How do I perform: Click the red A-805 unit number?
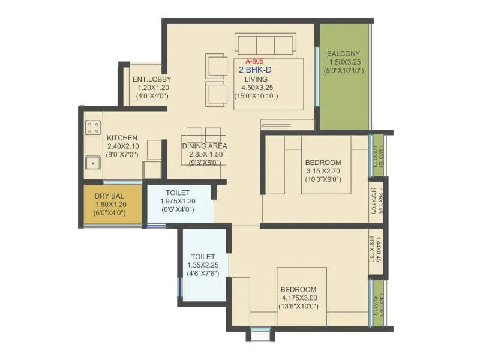pos(254,61)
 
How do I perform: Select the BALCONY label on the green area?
pos(344,53)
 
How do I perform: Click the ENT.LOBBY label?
pos(152,79)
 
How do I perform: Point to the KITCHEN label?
pos(122,137)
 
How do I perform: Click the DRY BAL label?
pos(110,196)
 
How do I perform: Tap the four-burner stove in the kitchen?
pos(93,127)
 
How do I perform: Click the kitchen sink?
pos(92,162)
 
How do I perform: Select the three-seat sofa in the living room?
pos(265,44)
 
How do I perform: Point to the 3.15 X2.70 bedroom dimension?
pos(323,170)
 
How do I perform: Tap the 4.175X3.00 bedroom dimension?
pos(299,298)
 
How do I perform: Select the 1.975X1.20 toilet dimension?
pos(181,201)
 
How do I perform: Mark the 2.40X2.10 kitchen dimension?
pos(122,146)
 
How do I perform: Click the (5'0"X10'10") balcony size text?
pos(344,70)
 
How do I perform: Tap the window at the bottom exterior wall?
pos(260,329)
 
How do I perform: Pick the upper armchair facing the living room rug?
pos(215,66)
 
